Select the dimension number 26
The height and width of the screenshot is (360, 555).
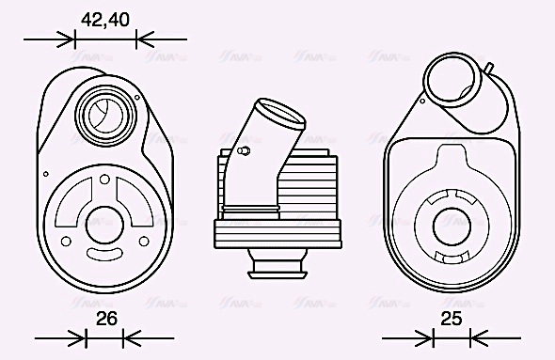(106, 319)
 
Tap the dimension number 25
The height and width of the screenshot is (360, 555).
(452, 319)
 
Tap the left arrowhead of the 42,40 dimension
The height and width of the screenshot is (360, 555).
(67, 39)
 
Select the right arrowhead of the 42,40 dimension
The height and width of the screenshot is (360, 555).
(144, 39)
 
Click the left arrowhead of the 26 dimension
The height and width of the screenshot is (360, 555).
(79, 337)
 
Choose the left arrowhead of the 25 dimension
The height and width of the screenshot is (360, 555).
(425, 337)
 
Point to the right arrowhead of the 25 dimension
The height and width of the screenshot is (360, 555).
(476, 337)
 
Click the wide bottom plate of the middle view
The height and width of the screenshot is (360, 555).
(277, 232)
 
